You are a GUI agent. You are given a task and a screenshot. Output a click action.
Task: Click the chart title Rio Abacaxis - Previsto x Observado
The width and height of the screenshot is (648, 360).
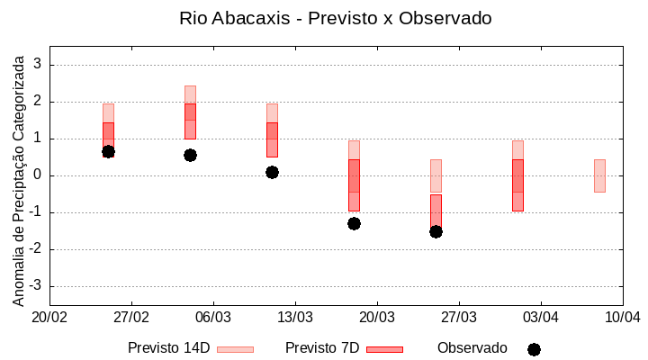(336, 18)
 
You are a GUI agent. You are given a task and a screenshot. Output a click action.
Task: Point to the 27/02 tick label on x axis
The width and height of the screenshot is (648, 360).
(131, 317)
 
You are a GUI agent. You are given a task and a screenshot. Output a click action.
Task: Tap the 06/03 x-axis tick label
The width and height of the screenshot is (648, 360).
(213, 317)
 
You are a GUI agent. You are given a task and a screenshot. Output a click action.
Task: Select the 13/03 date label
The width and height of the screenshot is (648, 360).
(295, 317)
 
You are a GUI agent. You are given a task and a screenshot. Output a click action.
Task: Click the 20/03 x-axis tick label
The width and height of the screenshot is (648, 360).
(377, 317)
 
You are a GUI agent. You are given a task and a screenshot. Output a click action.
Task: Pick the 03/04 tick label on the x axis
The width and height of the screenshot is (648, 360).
(541, 317)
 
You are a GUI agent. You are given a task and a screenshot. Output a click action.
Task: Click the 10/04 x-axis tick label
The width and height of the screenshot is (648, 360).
(622, 317)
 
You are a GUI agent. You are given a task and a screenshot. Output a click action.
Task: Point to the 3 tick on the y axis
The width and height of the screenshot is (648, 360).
(39, 65)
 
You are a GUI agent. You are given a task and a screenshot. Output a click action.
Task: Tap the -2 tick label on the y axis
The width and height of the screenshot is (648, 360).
(36, 249)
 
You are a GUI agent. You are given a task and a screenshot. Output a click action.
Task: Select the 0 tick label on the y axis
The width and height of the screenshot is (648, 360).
(39, 175)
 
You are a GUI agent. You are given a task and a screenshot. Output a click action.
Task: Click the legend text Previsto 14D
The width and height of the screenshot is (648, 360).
(168, 348)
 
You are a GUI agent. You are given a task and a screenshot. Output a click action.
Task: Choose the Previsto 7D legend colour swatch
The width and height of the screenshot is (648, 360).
(384, 349)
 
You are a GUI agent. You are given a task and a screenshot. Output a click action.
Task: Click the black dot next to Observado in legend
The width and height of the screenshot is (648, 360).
(534, 349)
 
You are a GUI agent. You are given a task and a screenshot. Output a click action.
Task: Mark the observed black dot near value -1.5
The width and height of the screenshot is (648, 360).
(436, 231)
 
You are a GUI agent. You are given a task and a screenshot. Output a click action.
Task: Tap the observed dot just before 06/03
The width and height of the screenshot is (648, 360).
(190, 155)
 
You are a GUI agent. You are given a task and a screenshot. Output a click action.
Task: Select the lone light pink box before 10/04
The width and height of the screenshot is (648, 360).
(599, 175)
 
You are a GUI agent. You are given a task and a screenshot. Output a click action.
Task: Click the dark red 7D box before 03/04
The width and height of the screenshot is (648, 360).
(517, 184)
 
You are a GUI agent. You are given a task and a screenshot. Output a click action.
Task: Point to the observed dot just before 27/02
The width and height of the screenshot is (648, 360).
(108, 151)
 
